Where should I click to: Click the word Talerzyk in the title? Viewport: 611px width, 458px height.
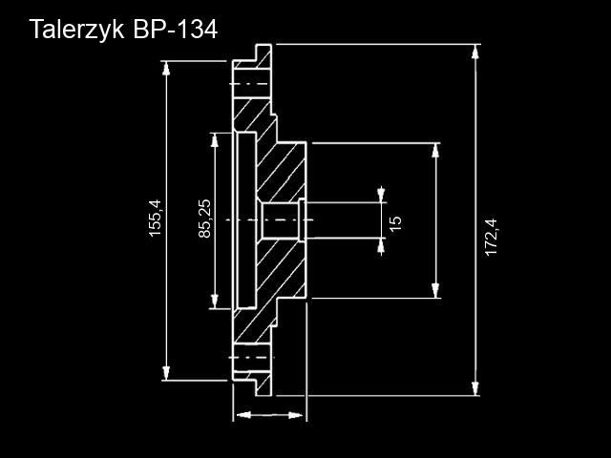74,30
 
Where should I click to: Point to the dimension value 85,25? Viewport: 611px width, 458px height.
204,219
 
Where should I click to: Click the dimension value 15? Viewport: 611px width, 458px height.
396,222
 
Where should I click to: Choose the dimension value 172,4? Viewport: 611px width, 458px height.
492,237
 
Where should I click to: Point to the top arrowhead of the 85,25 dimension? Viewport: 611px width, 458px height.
214,140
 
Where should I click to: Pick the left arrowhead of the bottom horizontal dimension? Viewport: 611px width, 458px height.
241,415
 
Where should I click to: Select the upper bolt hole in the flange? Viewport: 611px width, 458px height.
250,84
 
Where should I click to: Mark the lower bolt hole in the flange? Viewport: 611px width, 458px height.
250,358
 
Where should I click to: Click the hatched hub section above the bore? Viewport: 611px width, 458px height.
282,172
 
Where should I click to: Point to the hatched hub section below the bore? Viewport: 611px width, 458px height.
282,272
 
